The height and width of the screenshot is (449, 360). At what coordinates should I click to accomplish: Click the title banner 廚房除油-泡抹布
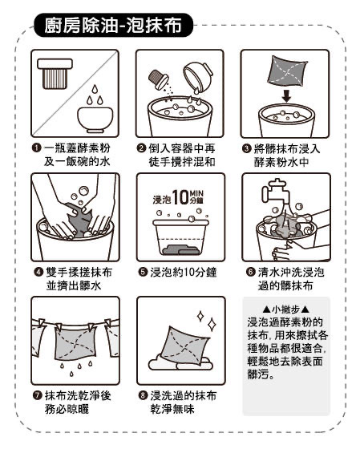click(113, 25)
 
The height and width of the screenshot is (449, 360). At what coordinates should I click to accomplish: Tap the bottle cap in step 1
click(55, 74)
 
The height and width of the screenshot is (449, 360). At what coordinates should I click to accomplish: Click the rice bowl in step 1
click(95, 119)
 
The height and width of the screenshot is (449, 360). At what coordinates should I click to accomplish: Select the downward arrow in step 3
click(286, 96)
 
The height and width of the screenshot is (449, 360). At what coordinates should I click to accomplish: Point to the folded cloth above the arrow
click(287, 71)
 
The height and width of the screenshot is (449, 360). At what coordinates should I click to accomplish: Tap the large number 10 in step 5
click(180, 197)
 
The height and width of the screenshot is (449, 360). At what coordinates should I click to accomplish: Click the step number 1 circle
click(36, 148)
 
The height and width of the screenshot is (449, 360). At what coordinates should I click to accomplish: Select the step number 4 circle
click(38, 272)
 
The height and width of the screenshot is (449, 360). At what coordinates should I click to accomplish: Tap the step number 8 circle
click(143, 395)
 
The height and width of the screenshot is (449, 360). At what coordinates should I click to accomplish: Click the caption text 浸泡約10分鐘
click(184, 272)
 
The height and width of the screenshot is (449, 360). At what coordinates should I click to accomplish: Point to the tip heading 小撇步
click(285, 309)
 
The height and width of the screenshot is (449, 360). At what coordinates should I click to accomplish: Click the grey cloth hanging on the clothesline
click(75, 343)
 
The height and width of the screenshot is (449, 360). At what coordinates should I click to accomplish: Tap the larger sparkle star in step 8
click(212, 325)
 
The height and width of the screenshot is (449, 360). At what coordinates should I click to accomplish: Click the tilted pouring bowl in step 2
click(198, 76)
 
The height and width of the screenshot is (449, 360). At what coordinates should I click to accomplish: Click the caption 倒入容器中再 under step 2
click(182, 148)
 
